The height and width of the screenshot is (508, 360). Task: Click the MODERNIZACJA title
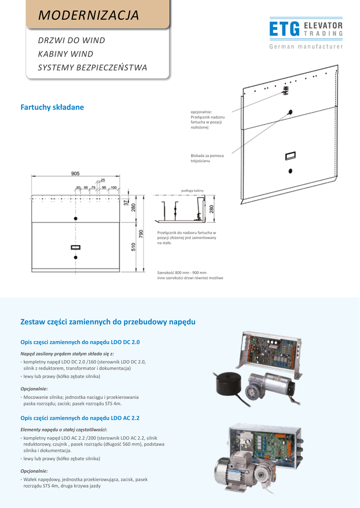[89, 15]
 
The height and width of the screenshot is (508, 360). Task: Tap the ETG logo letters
[284, 29]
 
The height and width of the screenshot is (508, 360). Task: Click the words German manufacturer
[306, 47]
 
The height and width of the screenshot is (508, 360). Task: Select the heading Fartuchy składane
[52, 107]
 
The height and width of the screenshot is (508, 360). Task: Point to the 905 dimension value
[75, 174]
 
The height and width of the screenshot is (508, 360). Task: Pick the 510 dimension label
[134, 246]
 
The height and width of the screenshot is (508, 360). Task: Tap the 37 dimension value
[126, 202]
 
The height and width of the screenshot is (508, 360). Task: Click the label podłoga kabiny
[192, 190]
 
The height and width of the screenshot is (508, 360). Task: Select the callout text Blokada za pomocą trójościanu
[207, 158]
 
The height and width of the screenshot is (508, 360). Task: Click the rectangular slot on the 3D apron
[290, 156]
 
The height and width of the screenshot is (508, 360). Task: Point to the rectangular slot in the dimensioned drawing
[75, 247]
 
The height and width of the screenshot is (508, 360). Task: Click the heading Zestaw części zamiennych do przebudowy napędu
[108, 322]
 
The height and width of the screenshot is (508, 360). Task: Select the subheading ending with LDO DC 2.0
[80, 342]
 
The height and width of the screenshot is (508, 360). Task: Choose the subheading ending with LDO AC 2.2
[79, 418]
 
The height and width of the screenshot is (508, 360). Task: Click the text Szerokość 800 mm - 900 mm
[182, 273]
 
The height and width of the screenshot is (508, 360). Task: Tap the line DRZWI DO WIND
[72, 40]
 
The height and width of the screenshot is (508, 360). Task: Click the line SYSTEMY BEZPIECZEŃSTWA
[92, 67]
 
